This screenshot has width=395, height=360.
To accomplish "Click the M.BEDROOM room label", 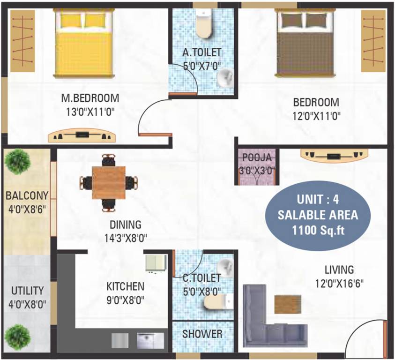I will pyautogui.click(x=90, y=98).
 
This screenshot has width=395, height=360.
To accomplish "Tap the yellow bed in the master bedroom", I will pyautogui.click(x=84, y=45).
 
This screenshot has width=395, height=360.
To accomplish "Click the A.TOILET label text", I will pyautogui.click(x=201, y=52).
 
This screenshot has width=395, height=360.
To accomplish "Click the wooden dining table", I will pyautogui.click(x=109, y=181).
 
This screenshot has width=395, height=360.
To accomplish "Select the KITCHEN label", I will pyautogui.click(x=125, y=286).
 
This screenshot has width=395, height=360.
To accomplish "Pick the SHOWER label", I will pyautogui.click(x=202, y=334).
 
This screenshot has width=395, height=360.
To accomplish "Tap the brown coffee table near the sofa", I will pyautogui.click(x=288, y=304).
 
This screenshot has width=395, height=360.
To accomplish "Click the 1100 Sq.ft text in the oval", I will pyautogui.click(x=317, y=231).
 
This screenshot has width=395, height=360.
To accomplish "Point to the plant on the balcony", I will pyautogui.click(x=18, y=161).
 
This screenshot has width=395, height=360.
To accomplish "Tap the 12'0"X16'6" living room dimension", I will pyautogui.click(x=339, y=283).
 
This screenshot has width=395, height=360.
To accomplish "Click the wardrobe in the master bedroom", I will pyautogui.click(x=22, y=41).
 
